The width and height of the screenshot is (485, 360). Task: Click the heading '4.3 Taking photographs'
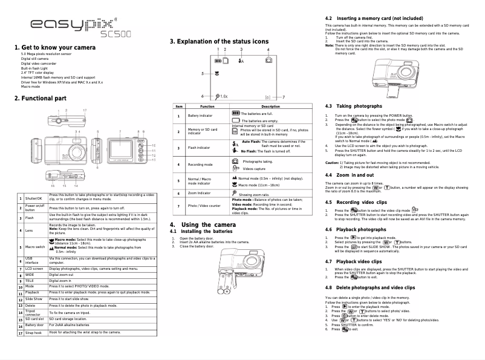(x=354, y=106)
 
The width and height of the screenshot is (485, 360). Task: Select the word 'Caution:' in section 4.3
(x=332, y=162)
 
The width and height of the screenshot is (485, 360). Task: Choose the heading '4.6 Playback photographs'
(x=356, y=229)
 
